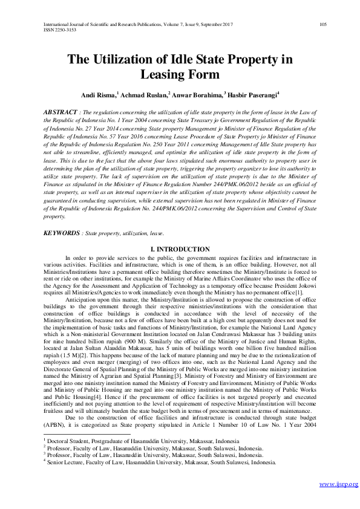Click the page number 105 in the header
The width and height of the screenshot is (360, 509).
[x=322, y=24]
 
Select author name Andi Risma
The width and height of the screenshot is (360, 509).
[x=98, y=95]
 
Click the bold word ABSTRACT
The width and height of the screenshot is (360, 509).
[x=60, y=112]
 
